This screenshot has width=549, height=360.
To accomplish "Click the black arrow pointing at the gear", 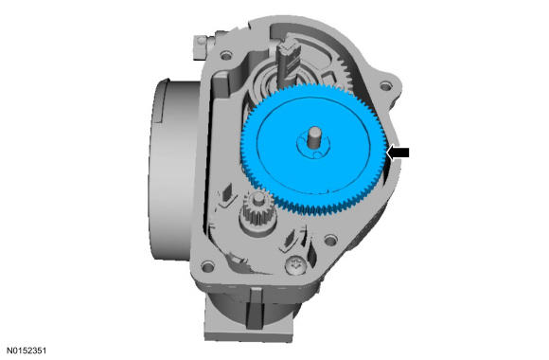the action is (x=398, y=153).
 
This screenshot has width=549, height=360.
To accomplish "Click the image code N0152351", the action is (x=27, y=351).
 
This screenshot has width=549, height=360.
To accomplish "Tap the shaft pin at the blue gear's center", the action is (x=314, y=139).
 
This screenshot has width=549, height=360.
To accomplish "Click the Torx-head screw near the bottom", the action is (x=296, y=264).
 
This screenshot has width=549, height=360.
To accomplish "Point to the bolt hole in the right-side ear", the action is (x=385, y=85).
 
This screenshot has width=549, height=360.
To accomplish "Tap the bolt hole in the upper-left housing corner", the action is (x=226, y=55).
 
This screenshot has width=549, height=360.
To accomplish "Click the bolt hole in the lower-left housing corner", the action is (x=207, y=267).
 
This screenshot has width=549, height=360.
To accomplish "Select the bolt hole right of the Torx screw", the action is (x=330, y=241).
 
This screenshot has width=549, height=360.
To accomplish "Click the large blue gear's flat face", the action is (x=313, y=146).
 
